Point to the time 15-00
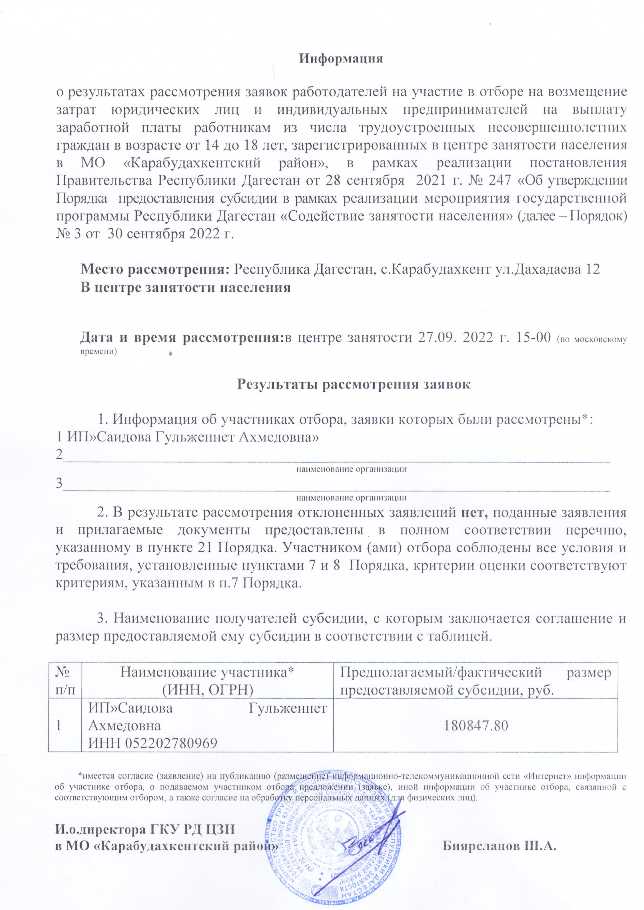pos(531,337)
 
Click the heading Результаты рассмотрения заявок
pos(353,385)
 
